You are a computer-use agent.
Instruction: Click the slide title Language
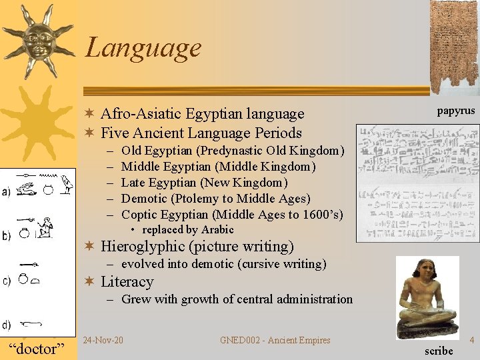143,47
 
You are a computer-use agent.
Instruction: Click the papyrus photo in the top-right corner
454,47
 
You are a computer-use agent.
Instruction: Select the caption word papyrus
456,111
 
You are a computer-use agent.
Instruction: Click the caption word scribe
438,351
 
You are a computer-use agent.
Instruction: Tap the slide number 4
472,341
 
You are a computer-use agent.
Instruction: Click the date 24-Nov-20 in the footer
103,341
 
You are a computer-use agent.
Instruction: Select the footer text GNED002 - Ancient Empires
275,341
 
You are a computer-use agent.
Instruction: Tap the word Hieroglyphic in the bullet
143,247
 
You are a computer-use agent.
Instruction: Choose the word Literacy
127,282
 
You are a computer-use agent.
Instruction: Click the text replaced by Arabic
188,230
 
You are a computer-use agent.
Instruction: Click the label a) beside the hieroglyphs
6,193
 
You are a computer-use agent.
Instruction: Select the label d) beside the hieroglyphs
6,325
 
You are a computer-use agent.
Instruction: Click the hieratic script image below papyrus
417,182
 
